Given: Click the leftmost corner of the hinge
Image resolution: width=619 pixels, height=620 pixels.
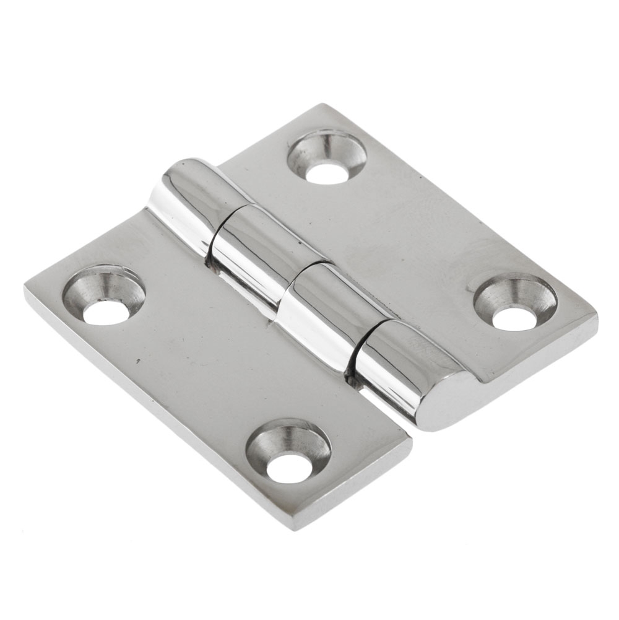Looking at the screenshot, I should point(26,291).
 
